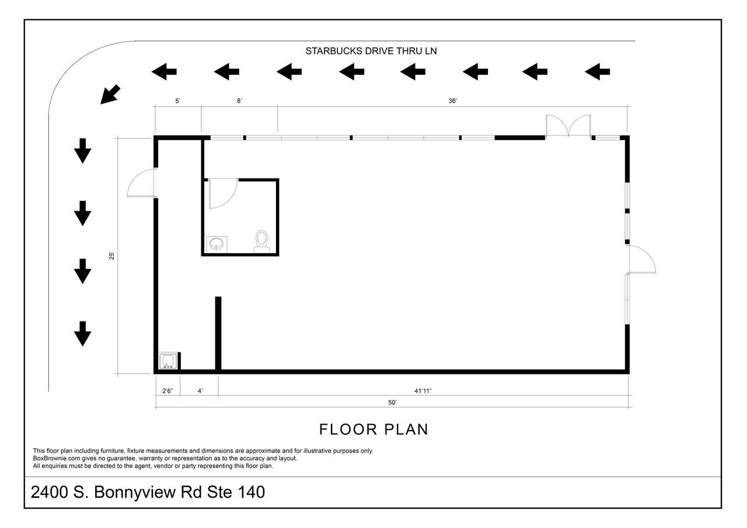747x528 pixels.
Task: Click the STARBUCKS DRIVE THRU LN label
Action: pyautogui.click(x=371, y=51)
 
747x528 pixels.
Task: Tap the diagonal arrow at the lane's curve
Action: pyautogui.click(x=110, y=95)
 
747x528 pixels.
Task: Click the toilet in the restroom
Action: pyautogui.click(x=261, y=242)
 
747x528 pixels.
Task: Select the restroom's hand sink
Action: pyautogui.click(x=217, y=244)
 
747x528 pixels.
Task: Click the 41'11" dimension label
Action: pyautogui.click(x=423, y=391)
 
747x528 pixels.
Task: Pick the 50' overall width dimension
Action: pyautogui.click(x=392, y=403)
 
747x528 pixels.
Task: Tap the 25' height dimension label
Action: pyautogui.click(x=111, y=256)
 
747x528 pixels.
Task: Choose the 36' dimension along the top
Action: pyautogui.click(x=452, y=101)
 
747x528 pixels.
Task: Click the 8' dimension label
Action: pyautogui.click(x=239, y=101)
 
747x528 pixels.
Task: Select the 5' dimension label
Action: pyautogui.click(x=178, y=101)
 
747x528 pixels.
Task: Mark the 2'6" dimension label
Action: pyautogui.click(x=167, y=391)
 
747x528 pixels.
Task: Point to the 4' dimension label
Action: pyautogui.click(x=200, y=391)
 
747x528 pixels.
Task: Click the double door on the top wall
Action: pyautogui.click(x=568, y=125)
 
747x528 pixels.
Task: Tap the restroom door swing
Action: pyautogui.click(x=223, y=193)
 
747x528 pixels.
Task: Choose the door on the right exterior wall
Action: pyautogui.click(x=641, y=260)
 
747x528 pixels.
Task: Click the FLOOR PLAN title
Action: pyautogui.click(x=373, y=429)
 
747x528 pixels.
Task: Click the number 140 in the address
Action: pyautogui.click(x=251, y=492)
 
